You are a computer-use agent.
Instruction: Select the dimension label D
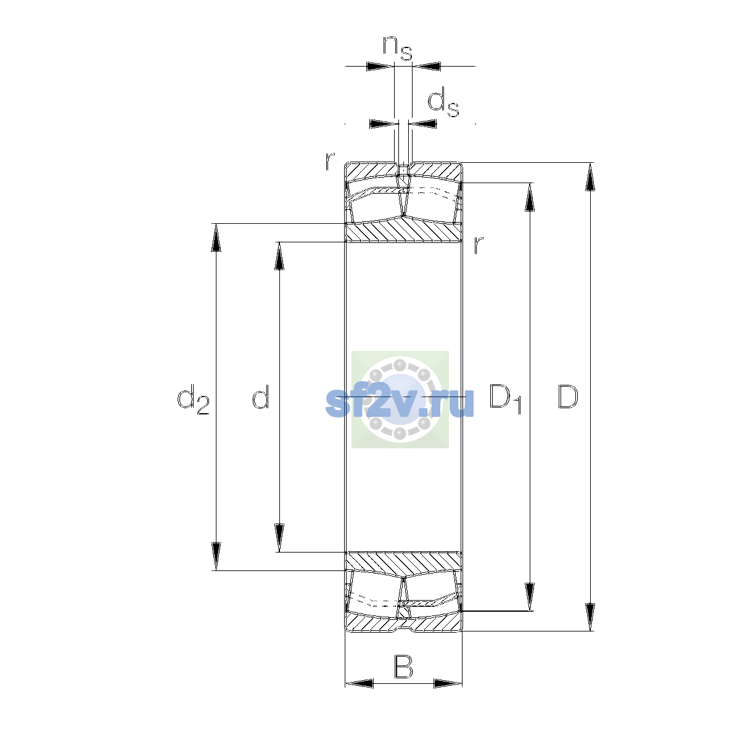point(567,397)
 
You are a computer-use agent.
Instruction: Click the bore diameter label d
point(260,397)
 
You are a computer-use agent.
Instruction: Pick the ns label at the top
point(397,48)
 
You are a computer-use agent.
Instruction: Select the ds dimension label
point(443,102)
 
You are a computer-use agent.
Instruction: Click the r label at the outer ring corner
point(329,161)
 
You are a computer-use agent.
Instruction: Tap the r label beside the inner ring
point(478,245)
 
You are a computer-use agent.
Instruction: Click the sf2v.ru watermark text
point(400,402)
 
